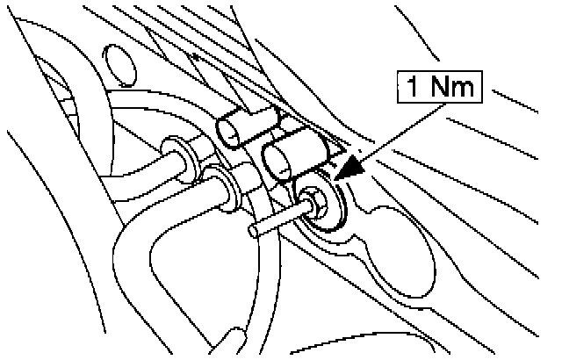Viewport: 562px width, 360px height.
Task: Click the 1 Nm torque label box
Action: pos(443,87)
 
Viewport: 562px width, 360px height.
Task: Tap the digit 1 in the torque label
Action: pos(416,88)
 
